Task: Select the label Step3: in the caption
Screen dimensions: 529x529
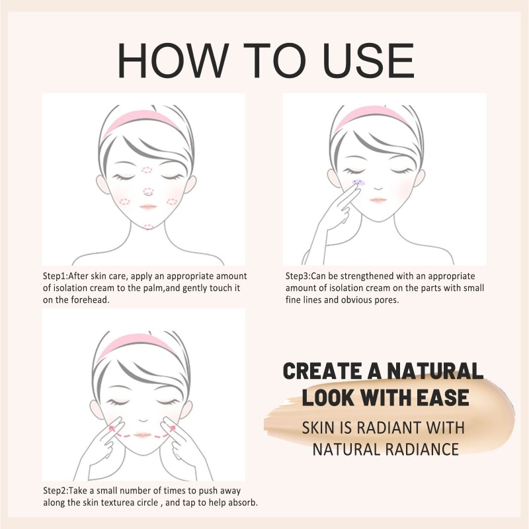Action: pyautogui.click(x=302, y=275)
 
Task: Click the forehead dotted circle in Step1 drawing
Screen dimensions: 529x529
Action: pyautogui.click(x=147, y=170)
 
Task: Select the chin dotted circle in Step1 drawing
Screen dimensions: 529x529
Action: pyautogui.click(x=148, y=226)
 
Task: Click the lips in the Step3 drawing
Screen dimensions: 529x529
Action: pyautogui.click(x=378, y=199)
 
